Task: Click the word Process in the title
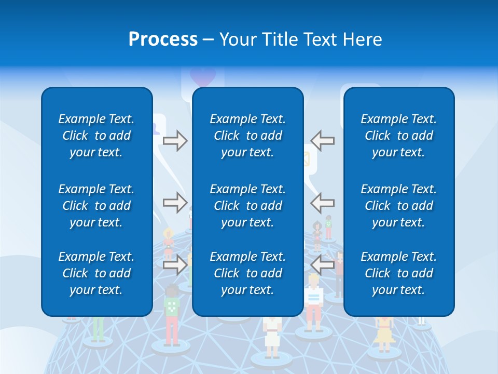163,39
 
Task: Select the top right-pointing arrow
175,141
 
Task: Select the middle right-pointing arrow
175,202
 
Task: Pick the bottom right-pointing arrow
175,265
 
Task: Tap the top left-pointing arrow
323,141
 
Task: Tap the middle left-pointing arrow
323,202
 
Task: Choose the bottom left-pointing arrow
323,265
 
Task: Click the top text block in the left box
96,136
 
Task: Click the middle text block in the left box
96,206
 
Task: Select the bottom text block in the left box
96,273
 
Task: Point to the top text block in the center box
247,136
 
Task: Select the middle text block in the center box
247,206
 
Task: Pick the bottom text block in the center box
247,273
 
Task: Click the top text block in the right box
398,136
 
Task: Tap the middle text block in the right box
398,206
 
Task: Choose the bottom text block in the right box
398,273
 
